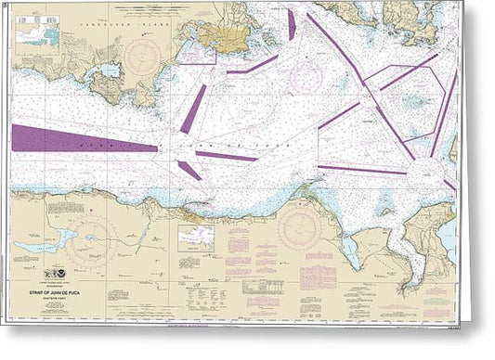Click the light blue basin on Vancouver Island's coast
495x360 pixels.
click(x=109, y=71)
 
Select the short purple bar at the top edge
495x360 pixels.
click(x=290, y=24)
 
